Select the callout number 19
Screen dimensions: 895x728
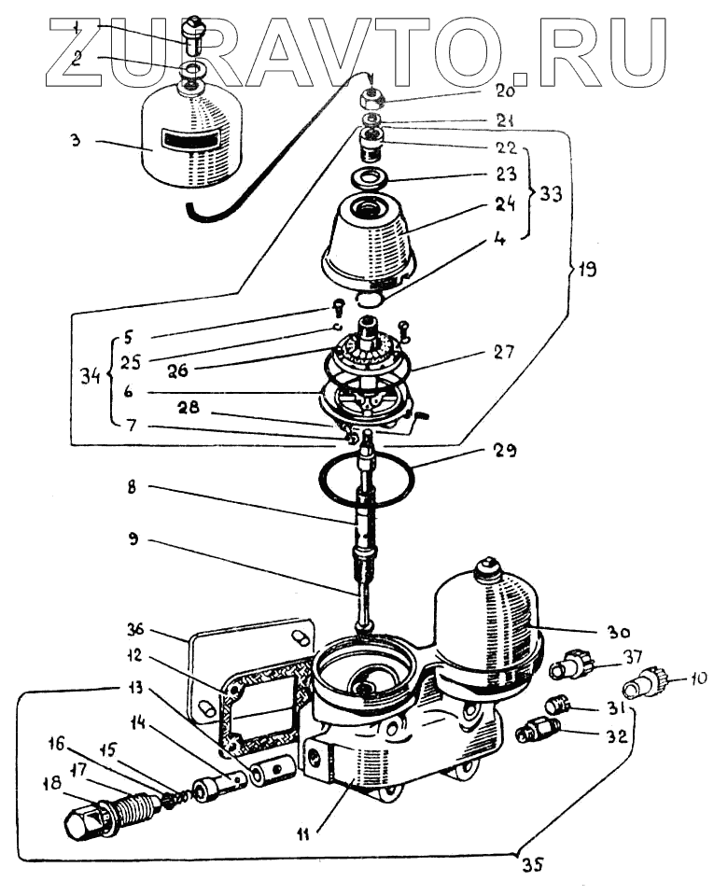click(x=586, y=270)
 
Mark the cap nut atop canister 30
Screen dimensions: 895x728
click(x=489, y=567)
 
